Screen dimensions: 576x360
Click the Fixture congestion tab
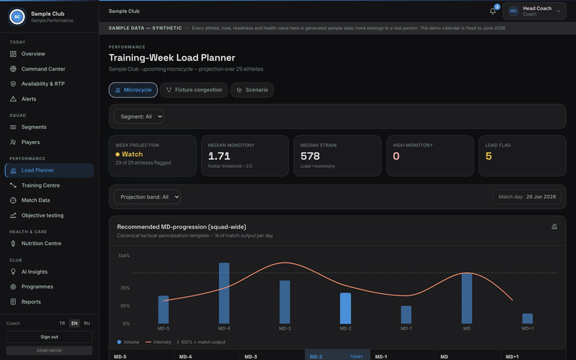(194, 90)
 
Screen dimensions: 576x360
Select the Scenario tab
(252, 90)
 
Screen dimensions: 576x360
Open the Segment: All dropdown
(139, 116)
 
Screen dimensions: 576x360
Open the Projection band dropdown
(147, 197)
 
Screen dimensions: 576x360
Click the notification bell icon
(493, 11)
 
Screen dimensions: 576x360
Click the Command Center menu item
(43, 69)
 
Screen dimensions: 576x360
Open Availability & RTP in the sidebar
(43, 84)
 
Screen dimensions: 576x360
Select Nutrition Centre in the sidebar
(41, 244)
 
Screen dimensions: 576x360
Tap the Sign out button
(49, 337)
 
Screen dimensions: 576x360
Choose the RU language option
(87, 323)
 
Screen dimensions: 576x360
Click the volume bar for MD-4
(224, 293)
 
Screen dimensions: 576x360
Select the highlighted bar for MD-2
(345, 308)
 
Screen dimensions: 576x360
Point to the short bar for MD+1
(527, 319)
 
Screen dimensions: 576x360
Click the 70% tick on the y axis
(125, 288)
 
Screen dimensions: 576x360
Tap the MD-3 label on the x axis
(285, 328)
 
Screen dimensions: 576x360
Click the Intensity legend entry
(158, 342)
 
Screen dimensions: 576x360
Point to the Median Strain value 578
(310, 156)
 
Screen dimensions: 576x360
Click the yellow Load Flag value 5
(488, 156)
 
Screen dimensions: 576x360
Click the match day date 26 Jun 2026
(541, 197)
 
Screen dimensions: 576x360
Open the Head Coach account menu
(534, 11)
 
